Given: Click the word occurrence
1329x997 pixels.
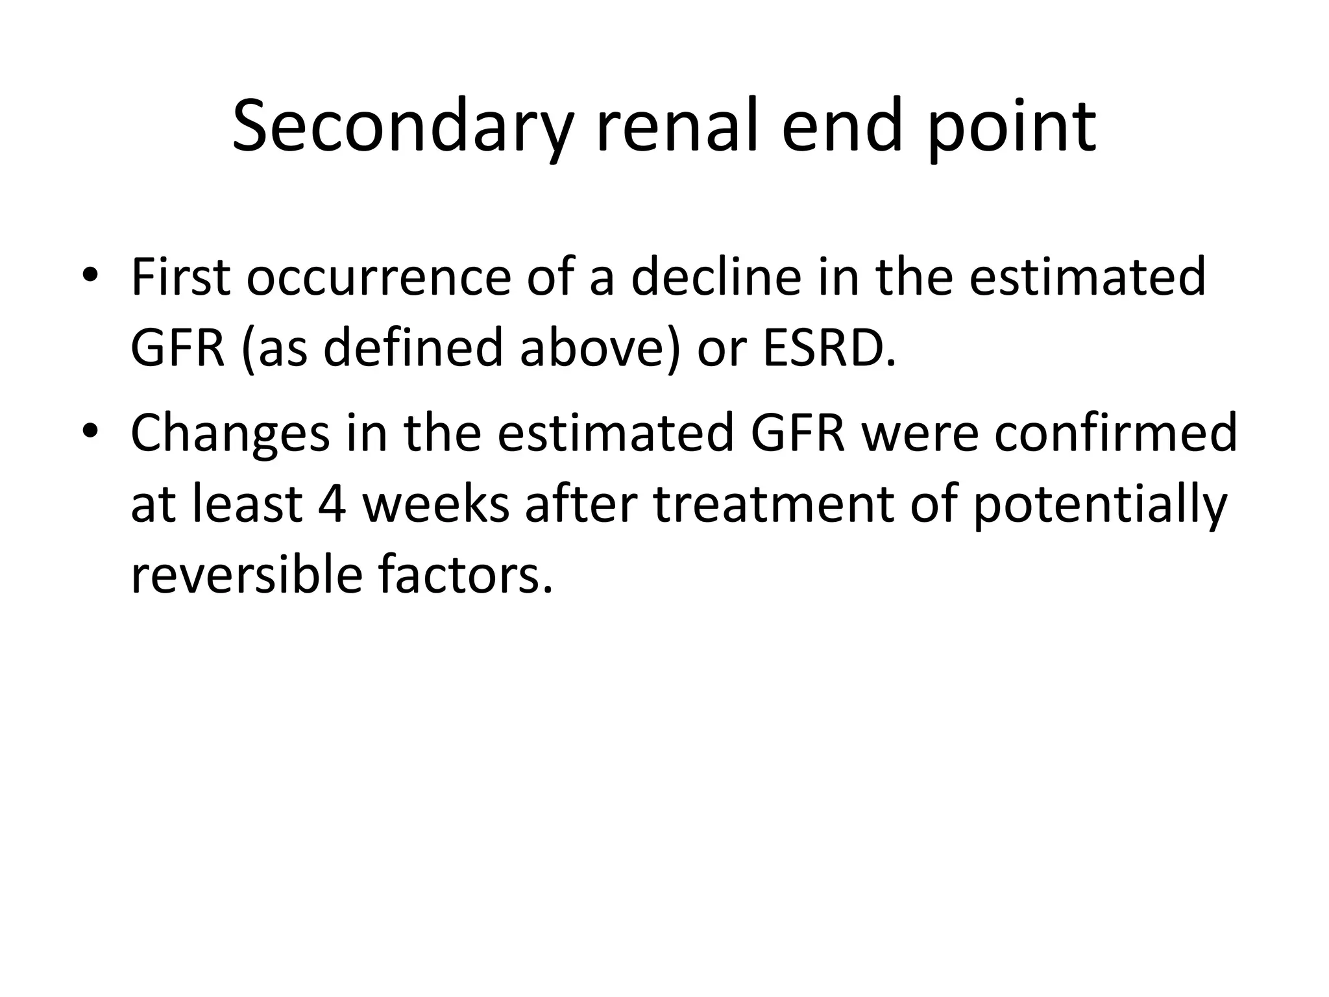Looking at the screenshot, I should click(x=378, y=278).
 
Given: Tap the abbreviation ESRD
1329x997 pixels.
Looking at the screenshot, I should click(x=829, y=349).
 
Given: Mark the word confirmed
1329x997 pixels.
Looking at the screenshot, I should click(x=1116, y=434).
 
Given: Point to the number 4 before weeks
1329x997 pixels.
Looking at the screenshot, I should click(x=332, y=504).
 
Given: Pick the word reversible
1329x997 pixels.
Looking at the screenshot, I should click(x=246, y=576).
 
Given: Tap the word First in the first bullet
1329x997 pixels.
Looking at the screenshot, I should click(x=180, y=278).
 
